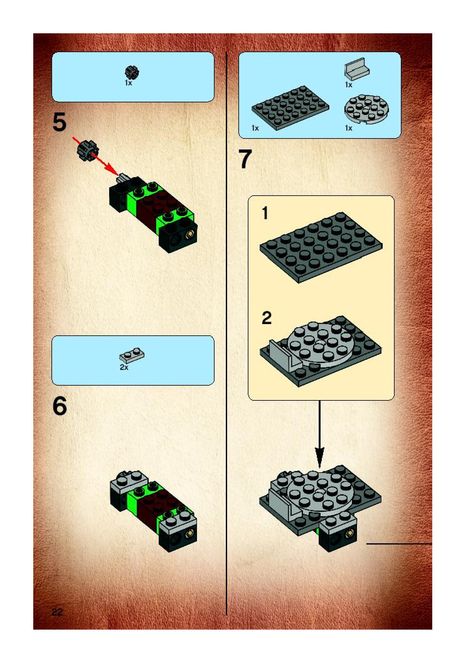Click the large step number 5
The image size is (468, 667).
(x=60, y=122)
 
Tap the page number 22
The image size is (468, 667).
(x=57, y=612)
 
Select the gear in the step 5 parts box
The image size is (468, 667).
(x=132, y=73)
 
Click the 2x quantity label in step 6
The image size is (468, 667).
(x=124, y=367)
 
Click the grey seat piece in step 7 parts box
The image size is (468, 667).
(x=357, y=68)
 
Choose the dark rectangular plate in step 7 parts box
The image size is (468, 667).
(x=290, y=107)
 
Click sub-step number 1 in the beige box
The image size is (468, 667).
(x=265, y=213)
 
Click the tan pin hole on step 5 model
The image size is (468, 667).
(x=190, y=234)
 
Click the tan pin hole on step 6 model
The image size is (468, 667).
(x=190, y=533)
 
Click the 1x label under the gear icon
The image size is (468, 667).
(x=129, y=83)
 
